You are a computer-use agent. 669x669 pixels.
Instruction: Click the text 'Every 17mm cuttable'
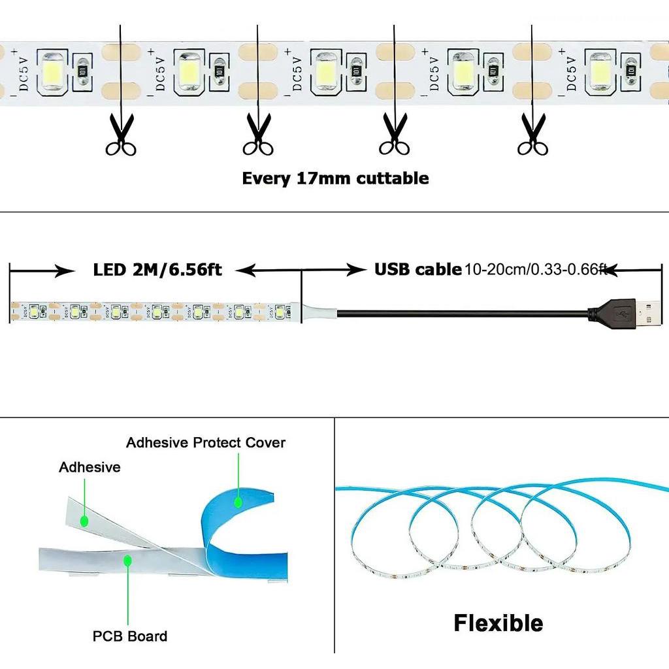point(335,178)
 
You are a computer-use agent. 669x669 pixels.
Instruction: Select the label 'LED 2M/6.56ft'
point(157,270)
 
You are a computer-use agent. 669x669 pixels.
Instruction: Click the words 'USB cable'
point(417,270)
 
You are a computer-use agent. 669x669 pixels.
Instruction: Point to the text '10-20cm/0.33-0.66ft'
point(536,270)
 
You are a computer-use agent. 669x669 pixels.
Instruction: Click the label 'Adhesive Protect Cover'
point(206,443)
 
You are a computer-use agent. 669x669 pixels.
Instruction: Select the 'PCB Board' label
point(129,636)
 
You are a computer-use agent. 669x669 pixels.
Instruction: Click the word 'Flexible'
point(498,623)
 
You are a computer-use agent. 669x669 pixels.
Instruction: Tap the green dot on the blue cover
point(238,502)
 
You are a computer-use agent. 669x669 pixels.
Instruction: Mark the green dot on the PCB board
point(128,560)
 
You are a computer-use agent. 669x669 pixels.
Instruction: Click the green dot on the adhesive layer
point(84,521)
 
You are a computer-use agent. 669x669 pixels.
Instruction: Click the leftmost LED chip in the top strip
point(52,70)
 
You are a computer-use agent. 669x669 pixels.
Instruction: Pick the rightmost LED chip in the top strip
point(600,70)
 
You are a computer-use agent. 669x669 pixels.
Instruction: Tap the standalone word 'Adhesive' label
point(90,467)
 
